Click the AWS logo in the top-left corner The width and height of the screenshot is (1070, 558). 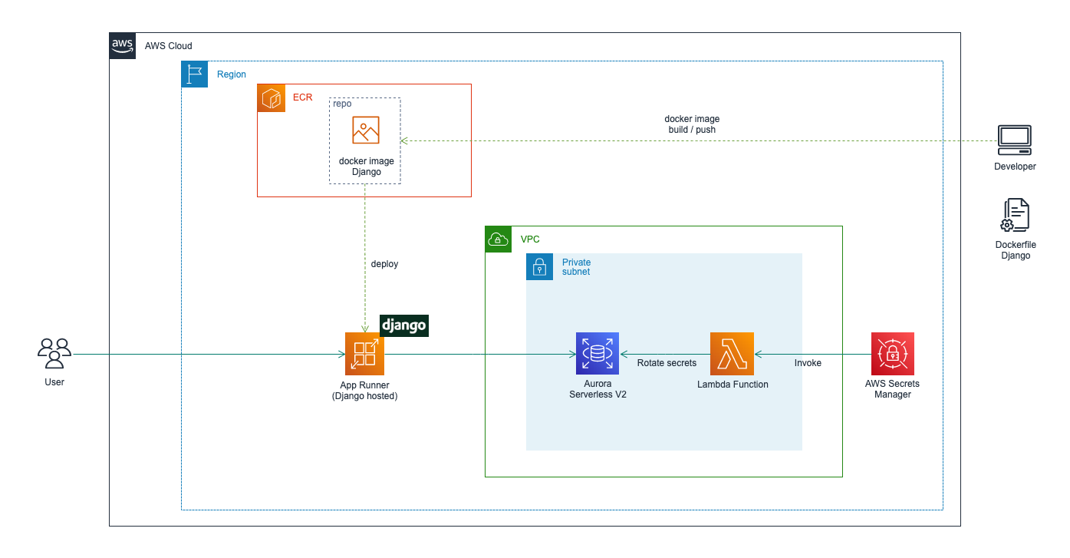click(x=123, y=46)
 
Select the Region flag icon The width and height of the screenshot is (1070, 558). click(x=195, y=74)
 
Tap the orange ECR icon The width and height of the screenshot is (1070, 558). click(x=271, y=98)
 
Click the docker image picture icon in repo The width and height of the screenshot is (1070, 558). click(x=366, y=130)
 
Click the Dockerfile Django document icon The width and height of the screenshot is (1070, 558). click(x=1016, y=216)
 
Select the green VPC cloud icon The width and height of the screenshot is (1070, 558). click(x=499, y=239)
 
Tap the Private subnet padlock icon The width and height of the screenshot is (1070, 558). click(x=539, y=267)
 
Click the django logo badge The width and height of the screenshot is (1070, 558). click(x=403, y=325)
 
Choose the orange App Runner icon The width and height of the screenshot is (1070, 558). click(x=364, y=354)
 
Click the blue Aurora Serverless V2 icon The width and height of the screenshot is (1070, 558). click(x=597, y=354)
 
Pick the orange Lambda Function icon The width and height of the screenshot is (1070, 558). click(x=732, y=354)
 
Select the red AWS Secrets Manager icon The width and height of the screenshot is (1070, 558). click(x=893, y=354)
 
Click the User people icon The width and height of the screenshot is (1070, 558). click(x=54, y=353)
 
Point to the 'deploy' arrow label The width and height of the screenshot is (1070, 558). click(x=384, y=264)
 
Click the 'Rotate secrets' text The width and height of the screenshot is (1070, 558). click(x=667, y=363)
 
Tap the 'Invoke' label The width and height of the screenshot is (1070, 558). click(x=808, y=363)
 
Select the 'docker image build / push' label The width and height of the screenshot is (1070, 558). click(x=692, y=124)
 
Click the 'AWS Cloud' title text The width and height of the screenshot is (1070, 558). click(x=169, y=46)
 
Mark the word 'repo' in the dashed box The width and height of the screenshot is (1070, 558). click(x=342, y=104)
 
